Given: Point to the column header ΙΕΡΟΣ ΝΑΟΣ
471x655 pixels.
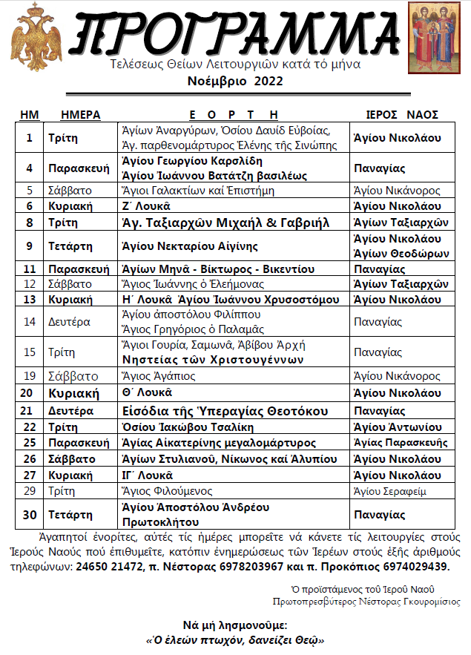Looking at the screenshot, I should (403, 114).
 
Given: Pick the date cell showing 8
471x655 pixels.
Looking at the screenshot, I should (30, 223).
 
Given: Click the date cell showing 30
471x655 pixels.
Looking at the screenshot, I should (30, 514).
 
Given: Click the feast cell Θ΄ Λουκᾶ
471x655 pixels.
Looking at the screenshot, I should (147, 393).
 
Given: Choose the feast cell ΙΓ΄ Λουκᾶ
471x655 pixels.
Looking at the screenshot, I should (148, 475).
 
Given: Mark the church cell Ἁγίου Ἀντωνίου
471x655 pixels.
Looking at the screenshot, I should (398, 427).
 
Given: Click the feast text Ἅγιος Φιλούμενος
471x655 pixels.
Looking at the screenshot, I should (167, 491).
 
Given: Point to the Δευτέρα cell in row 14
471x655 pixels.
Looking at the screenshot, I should (73, 321).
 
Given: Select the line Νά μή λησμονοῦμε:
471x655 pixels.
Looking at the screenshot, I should (234, 625).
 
